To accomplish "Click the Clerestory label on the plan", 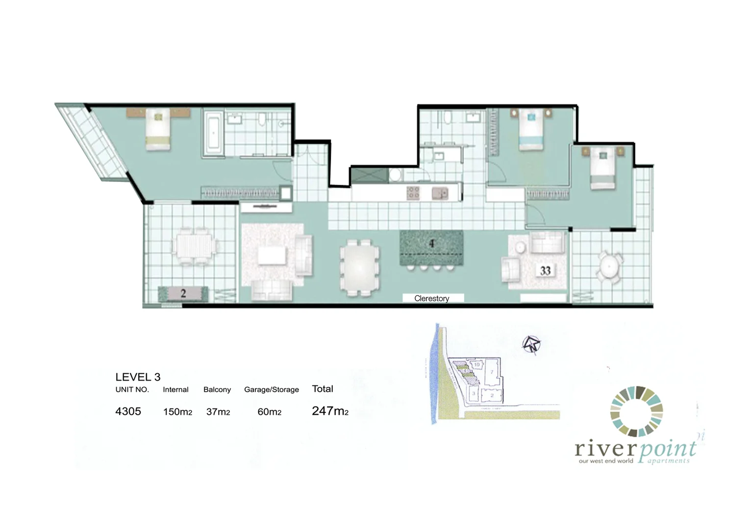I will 431,298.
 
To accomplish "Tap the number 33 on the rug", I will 545,270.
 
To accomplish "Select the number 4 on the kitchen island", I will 431,243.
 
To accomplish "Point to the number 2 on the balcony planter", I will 183,294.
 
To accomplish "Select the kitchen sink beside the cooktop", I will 440,193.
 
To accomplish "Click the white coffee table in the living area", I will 272,255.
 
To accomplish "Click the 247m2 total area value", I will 330,411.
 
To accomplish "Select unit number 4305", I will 128,411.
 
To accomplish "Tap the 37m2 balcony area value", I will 218,412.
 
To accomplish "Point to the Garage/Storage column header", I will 271,389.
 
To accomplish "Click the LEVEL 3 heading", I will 138,377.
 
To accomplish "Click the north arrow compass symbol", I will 530,344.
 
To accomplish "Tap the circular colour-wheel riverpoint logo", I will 636,411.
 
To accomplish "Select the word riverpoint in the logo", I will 635,448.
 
